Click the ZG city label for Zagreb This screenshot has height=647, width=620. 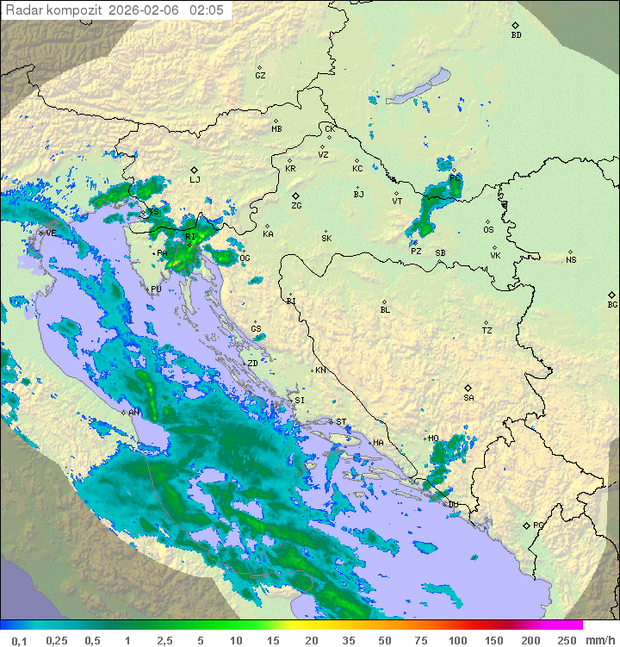[x=296, y=206]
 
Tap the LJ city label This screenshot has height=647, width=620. [x=195, y=179]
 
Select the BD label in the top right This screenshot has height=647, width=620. [x=516, y=35]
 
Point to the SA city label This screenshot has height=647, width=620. [x=468, y=397]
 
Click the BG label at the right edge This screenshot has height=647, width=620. [x=612, y=304]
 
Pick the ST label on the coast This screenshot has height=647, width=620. [x=341, y=422]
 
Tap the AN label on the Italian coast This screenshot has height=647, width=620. [x=134, y=413]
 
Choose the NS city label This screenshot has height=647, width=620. [x=571, y=259]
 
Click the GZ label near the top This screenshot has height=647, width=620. [x=260, y=75]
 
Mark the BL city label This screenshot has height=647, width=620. [x=385, y=309]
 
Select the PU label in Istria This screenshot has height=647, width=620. [x=156, y=289]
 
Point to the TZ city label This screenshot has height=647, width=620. [x=487, y=330]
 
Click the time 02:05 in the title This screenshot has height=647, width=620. [x=207, y=10]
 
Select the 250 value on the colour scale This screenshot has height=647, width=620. [x=567, y=639]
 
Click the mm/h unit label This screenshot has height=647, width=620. [x=600, y=639]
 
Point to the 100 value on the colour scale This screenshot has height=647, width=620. [x=457, y=639]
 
